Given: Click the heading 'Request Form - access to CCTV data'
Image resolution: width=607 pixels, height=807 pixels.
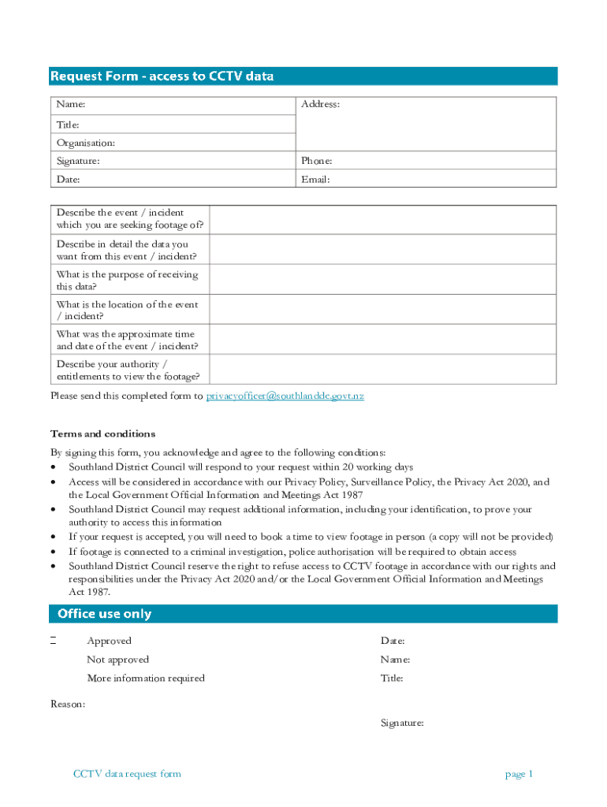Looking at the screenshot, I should tap(162, 76).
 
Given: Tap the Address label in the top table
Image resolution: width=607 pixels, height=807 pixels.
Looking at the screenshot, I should tap(320, 105).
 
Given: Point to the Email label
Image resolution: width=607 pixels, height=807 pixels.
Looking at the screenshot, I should tap(315, 180).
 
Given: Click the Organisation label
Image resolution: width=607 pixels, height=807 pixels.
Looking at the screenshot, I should tap(86, 143).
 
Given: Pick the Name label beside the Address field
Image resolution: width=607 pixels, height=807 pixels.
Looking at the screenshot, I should tap(71, 105).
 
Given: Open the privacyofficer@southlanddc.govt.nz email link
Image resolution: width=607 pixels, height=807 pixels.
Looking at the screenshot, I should tap(285, 396).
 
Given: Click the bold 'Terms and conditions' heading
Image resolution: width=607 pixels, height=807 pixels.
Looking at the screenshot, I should tap(103, 434).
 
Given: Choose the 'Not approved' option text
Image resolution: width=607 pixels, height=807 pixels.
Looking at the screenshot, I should tap(117, 660).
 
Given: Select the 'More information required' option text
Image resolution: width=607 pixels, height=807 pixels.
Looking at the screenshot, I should tap(146, 679).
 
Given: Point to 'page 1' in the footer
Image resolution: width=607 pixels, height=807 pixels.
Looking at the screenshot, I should tap(519, 774).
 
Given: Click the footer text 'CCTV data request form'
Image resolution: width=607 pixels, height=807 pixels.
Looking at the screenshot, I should tap(127, 774).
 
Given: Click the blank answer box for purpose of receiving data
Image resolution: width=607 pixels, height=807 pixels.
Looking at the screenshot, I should tap(382, 281).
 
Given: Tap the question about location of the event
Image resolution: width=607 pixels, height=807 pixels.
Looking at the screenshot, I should tap(127, 311).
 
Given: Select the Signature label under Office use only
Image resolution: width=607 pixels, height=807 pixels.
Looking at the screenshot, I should tap(402, 723).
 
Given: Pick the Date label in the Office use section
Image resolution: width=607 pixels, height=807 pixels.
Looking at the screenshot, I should tap(393, 642).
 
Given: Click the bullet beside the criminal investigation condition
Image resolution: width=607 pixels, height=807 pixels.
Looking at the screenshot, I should tap(53, 552).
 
